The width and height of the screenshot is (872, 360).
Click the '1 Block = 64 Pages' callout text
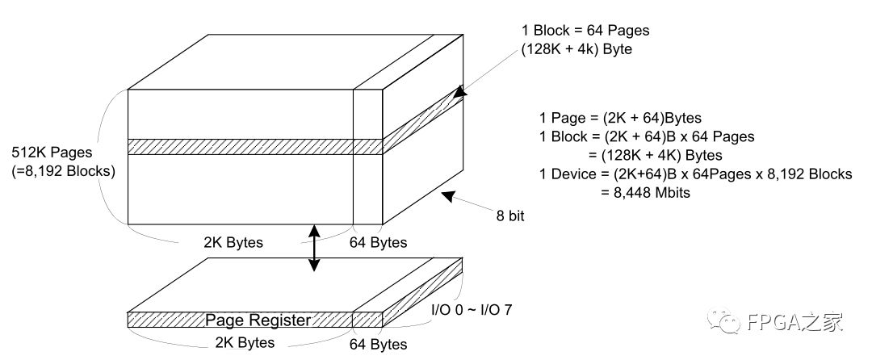coord(585,31)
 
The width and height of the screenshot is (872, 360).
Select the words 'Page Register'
coord(258,320)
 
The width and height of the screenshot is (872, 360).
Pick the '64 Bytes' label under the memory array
coord(378,242)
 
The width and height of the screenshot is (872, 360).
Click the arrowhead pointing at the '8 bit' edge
coord(447,195)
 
